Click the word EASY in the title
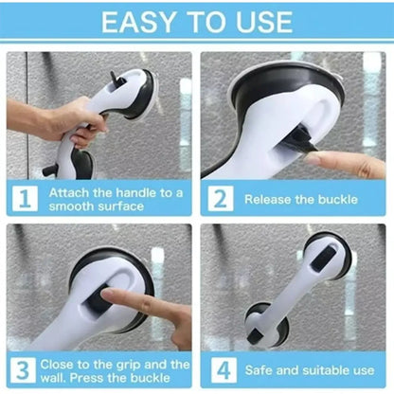(138, 22)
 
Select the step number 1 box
(25, 198)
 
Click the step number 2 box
(221, 198)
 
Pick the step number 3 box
(23, 370)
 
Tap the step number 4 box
(224, 370)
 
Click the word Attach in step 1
(69, 192)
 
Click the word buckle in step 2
(337, 200)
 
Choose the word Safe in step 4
(259, 370)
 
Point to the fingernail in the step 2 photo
(312, 159)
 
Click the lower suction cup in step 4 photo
(267, 325)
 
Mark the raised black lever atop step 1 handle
(114, 78)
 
